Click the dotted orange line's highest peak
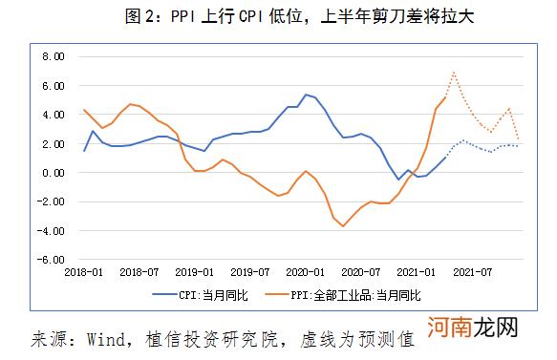click(454, 73)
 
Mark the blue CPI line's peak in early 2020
click(306, 95)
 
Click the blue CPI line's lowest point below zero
click(399, 180)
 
